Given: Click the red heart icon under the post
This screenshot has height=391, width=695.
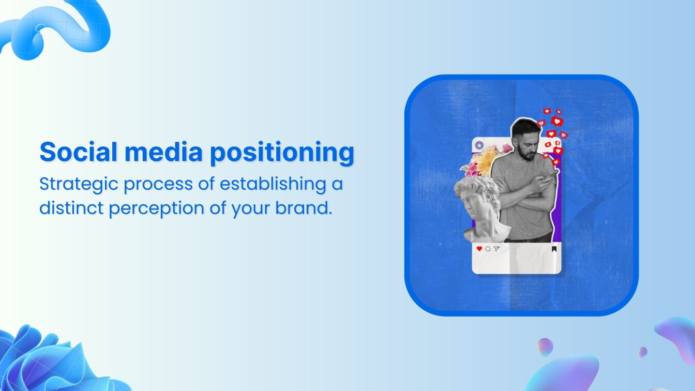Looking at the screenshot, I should click(x=479, y=249).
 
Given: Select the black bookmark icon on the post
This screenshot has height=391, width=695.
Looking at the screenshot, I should click(x=554, y=249).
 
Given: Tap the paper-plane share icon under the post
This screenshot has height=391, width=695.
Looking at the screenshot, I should click(x=496, y=249).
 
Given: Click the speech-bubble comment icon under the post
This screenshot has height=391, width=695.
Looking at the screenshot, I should click(x=488, y=249).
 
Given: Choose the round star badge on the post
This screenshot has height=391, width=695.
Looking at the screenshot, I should click(x=479, y=146).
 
